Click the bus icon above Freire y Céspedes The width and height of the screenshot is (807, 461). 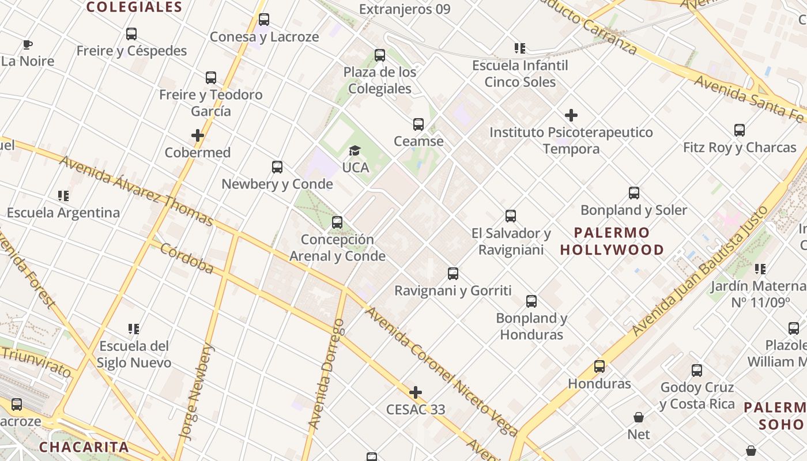click(131, 34)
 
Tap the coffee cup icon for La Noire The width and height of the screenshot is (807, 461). click(27, 44)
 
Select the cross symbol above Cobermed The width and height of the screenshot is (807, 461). click(198, 136)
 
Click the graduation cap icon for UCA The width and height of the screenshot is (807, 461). click(355, 151)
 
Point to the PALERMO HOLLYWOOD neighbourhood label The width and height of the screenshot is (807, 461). click(612, 241)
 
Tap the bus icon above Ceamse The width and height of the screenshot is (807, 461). click(418, 124)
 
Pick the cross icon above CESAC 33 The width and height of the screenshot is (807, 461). click(415, 393)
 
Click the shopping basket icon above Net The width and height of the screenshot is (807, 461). click(639, 417)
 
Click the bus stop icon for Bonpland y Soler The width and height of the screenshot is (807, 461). click(634, 193)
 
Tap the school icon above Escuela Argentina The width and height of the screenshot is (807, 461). click(63, 196)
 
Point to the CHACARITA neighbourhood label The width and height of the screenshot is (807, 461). click(84, 447)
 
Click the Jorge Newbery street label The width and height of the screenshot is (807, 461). click(197, 392)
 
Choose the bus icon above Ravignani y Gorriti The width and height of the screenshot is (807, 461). click(453, 274)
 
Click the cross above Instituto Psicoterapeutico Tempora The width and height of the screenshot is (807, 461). click(571, 115)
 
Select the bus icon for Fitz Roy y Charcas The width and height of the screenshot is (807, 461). click(740, 130)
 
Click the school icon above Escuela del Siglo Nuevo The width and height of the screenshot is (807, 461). click(134, 329)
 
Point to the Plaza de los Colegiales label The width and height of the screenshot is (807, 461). click(380, 81)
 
